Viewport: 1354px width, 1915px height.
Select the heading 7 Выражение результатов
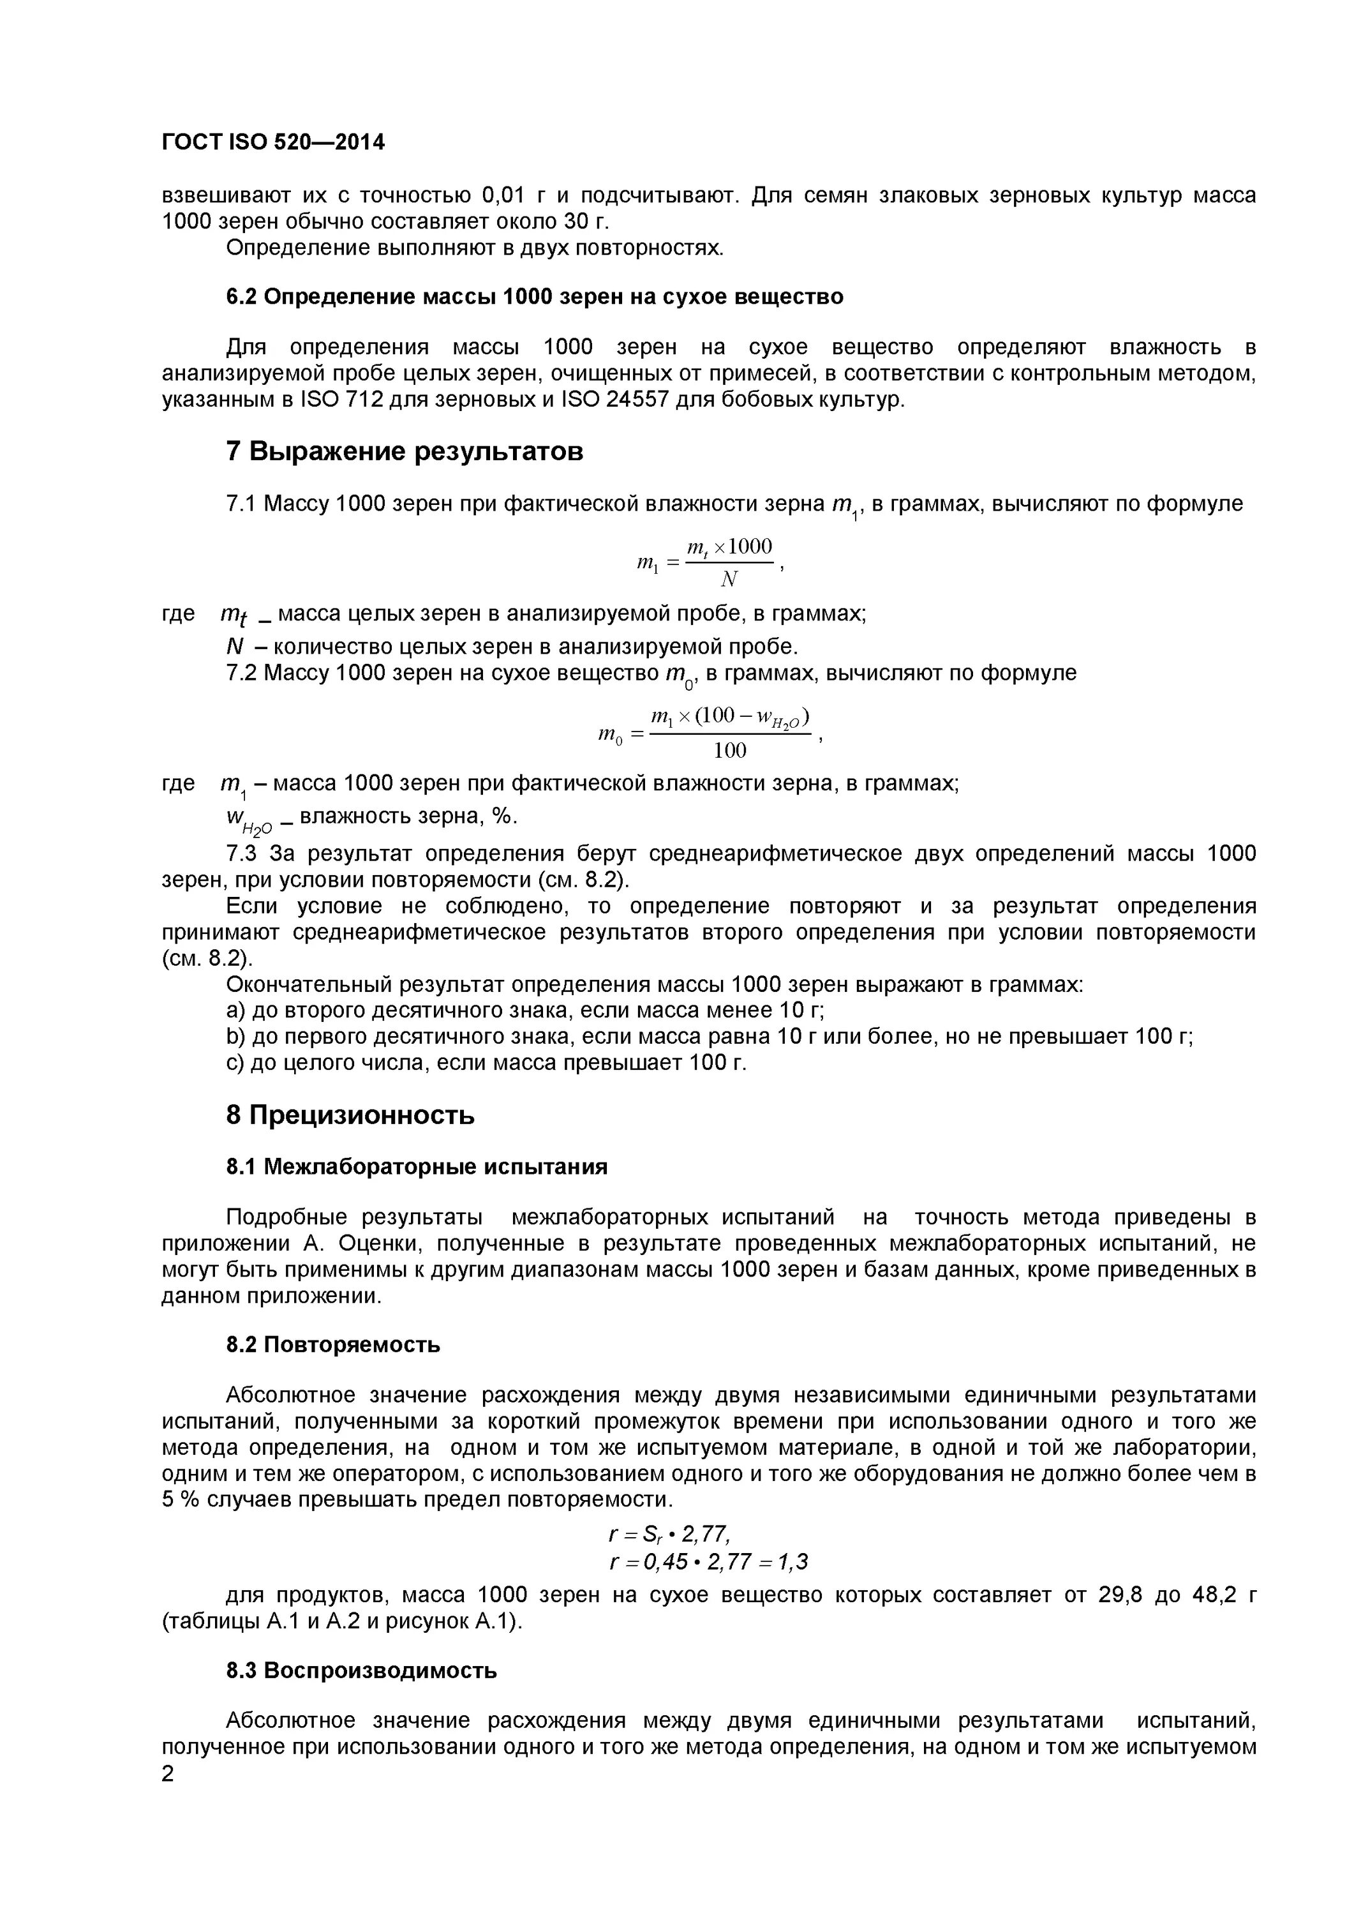click(405, 451)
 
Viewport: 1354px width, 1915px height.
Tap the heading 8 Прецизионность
click(350, 1115)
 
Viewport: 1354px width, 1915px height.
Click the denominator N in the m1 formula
click(729, 579)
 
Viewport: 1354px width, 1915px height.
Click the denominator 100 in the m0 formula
click(729, 751)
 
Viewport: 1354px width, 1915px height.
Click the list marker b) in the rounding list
click(234, 1036)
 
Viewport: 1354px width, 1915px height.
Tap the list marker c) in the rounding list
click(234, 1063)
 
